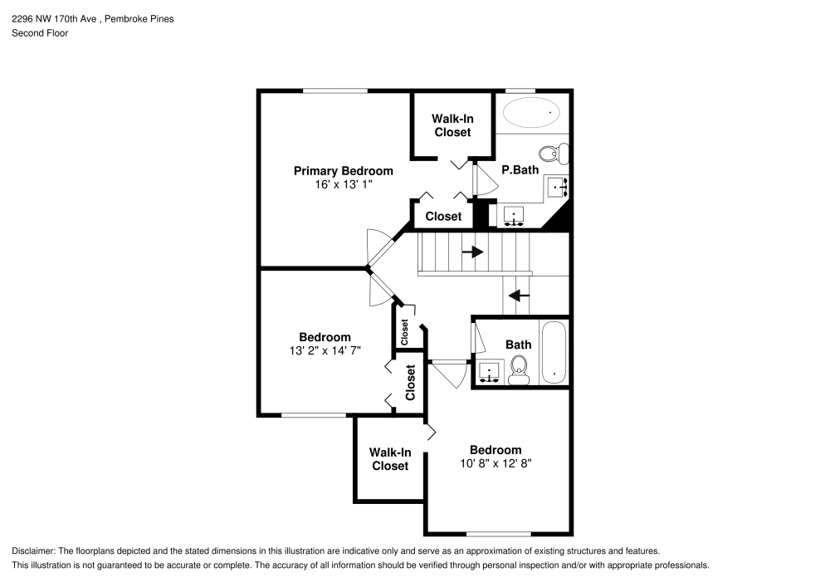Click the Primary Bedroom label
pos(343,171)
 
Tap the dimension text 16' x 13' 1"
pos(343,185)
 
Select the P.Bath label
pos(520,169)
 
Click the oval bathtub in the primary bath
pos(531,112)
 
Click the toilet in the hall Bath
pos(520,369)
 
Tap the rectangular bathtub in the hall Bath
pos(554,352)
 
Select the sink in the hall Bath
pos(490,371)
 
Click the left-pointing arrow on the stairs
pos(520,295)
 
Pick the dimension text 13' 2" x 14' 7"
pos(325,351)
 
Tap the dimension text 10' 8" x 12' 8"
pos(496,464)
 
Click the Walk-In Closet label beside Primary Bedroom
pos(452,125)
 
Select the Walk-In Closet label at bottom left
pos(390,459)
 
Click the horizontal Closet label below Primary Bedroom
pos(443,217)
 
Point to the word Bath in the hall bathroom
pos(518,345)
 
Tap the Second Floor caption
pos(40,33)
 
